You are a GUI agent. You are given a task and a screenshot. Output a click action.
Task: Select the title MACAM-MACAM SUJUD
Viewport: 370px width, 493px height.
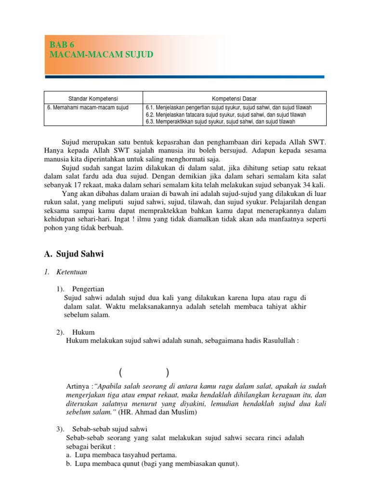101,55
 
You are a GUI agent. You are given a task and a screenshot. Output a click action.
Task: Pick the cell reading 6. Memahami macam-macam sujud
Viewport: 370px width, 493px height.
88,107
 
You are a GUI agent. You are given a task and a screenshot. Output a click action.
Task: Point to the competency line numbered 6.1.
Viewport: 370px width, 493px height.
228,107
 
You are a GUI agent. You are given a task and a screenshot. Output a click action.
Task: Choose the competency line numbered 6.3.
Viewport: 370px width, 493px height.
227,122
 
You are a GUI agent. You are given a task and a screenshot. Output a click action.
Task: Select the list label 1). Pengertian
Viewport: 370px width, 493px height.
80,289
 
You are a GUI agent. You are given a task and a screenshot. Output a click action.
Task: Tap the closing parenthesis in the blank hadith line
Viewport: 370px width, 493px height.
167,372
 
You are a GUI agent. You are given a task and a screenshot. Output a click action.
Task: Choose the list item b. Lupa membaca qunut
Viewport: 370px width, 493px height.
152,464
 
